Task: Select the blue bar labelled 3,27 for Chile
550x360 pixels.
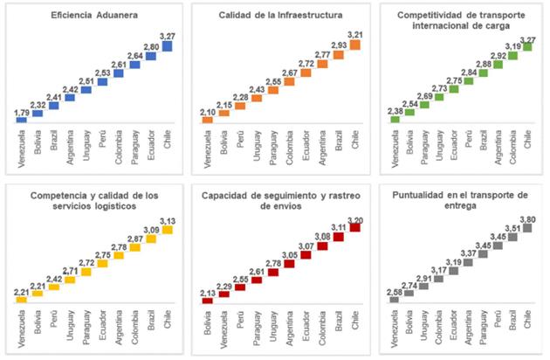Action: click(168, 46)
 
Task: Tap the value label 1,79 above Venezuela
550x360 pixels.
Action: click(21, 112)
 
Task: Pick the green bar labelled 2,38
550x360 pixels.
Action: click(394, 120)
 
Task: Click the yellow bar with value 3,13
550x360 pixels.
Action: click(168, 230)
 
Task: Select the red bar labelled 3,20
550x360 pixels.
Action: click(354, 227)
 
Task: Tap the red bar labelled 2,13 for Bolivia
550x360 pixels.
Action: click(208, 301)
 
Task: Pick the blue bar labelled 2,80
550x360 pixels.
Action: click(151, 56)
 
